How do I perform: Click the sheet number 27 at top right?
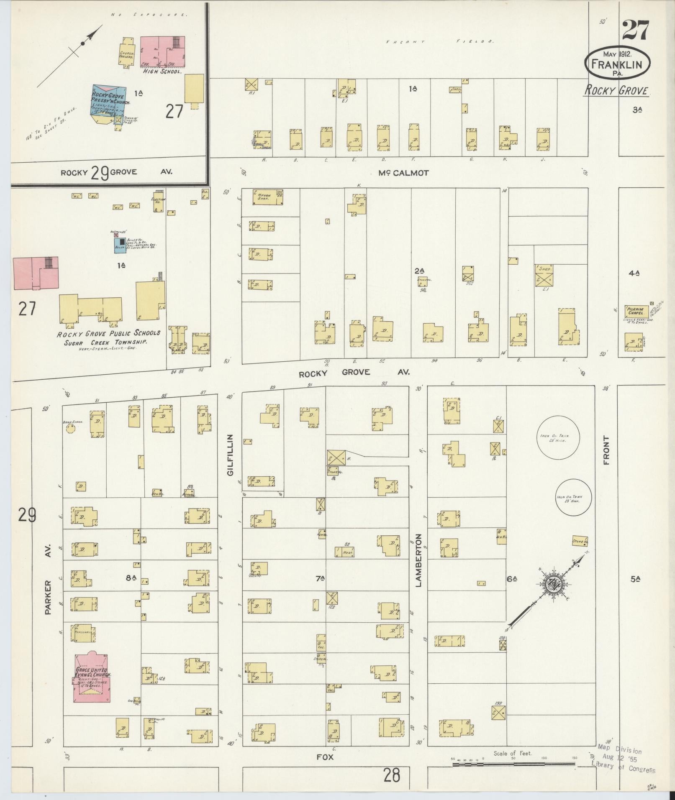[635, 30]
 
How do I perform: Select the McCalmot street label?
[403, 173]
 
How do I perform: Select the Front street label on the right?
[606, 450]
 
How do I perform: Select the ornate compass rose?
[552, 584]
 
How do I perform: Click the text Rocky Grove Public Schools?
[108, 333]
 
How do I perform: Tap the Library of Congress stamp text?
[623, 768]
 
